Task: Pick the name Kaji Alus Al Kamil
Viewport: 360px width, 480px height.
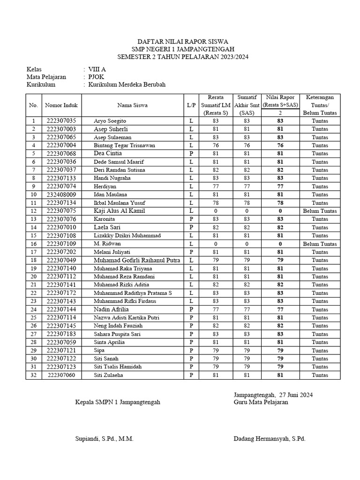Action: point(120,211)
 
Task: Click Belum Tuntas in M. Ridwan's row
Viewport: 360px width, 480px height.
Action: point(320,244)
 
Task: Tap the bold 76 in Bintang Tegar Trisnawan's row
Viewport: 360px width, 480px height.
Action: point(279,145)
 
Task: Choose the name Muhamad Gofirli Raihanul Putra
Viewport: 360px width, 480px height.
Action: point(136,260)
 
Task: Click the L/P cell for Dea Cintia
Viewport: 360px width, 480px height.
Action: point(191,154)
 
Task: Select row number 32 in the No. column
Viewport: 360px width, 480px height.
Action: point(33,375)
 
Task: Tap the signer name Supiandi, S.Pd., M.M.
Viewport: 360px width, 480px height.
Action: point(105,439)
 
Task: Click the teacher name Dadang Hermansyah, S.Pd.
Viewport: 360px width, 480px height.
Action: point(269,439)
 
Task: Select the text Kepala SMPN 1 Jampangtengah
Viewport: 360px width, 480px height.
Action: point(118,402)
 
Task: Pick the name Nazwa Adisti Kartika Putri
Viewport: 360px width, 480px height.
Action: point(127,318)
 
